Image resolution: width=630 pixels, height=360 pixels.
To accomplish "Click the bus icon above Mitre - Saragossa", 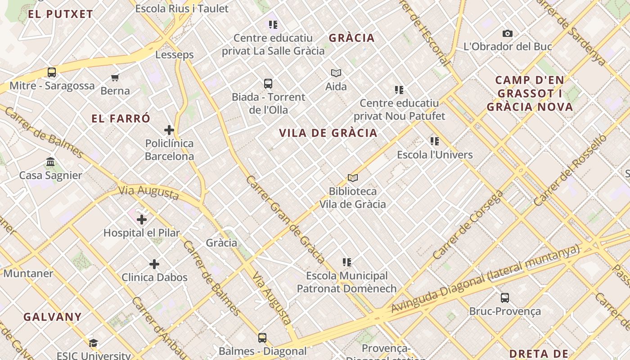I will [52, 72].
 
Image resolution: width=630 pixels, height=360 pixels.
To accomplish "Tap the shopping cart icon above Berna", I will [115, 77].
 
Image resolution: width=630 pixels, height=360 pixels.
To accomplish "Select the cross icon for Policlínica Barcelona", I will [169, 130].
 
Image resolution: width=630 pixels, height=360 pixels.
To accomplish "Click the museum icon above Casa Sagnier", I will [50, 162].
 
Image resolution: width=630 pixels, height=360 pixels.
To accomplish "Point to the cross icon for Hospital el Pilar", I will [142, 220].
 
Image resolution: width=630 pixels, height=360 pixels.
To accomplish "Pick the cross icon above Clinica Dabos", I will [154, 264].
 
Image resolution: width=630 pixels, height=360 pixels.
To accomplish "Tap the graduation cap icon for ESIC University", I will [94, 343].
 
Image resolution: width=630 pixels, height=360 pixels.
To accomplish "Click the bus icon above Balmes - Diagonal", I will [262, 337].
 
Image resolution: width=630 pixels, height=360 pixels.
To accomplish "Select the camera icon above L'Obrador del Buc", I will [507, 33].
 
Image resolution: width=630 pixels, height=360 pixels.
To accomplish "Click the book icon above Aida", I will [336, 73].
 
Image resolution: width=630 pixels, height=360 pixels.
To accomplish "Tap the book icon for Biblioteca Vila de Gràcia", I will [353, 178].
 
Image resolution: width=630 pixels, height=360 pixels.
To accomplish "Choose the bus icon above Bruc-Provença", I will [505, 298].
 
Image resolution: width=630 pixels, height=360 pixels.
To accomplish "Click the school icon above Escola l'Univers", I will [435, 141].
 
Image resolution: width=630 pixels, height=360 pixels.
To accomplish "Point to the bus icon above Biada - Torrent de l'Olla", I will [268, 84].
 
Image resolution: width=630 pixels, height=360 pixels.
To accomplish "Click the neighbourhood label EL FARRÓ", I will [121, 119].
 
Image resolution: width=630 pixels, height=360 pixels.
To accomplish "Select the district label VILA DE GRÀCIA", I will [328, 133].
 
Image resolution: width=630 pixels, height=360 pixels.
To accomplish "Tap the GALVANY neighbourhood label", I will [53, 317].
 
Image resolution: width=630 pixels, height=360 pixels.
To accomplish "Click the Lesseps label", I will [175, 55].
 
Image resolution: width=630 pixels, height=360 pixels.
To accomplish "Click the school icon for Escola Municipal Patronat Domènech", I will [347, 262].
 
